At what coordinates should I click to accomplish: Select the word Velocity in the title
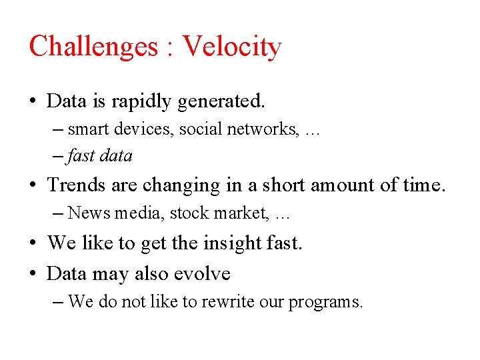pyautogui.click(x=232, y=47)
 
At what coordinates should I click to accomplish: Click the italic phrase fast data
pyautogui.click(x=100, y=156)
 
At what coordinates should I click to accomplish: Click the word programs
pyautogui.click(x=326, y=303)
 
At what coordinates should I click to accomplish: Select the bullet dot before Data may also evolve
pyautogui.click(x=33, y=274)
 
